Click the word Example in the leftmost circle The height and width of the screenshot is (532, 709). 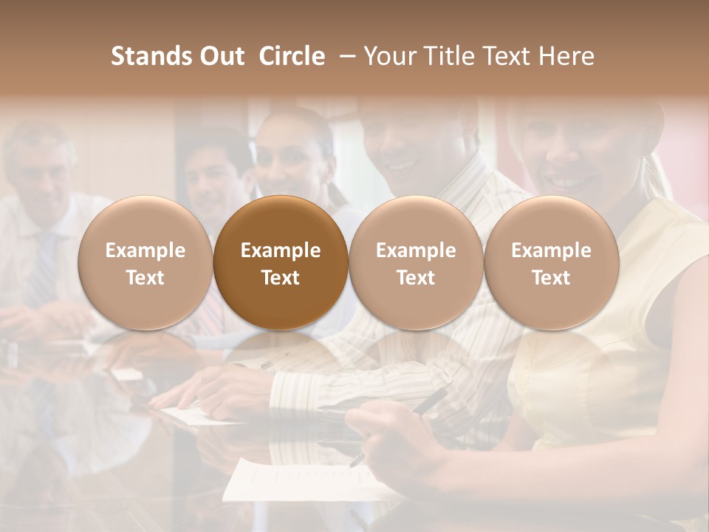point(145,250)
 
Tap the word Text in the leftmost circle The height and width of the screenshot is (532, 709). point(145,278)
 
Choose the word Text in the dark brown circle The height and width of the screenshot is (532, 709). point(281,278)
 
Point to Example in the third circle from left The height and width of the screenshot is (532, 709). point(416,250)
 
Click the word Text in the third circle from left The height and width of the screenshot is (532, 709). point(416,278)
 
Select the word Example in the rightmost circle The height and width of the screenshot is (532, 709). point(551,250)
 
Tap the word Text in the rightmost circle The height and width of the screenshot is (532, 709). point(551,278)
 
